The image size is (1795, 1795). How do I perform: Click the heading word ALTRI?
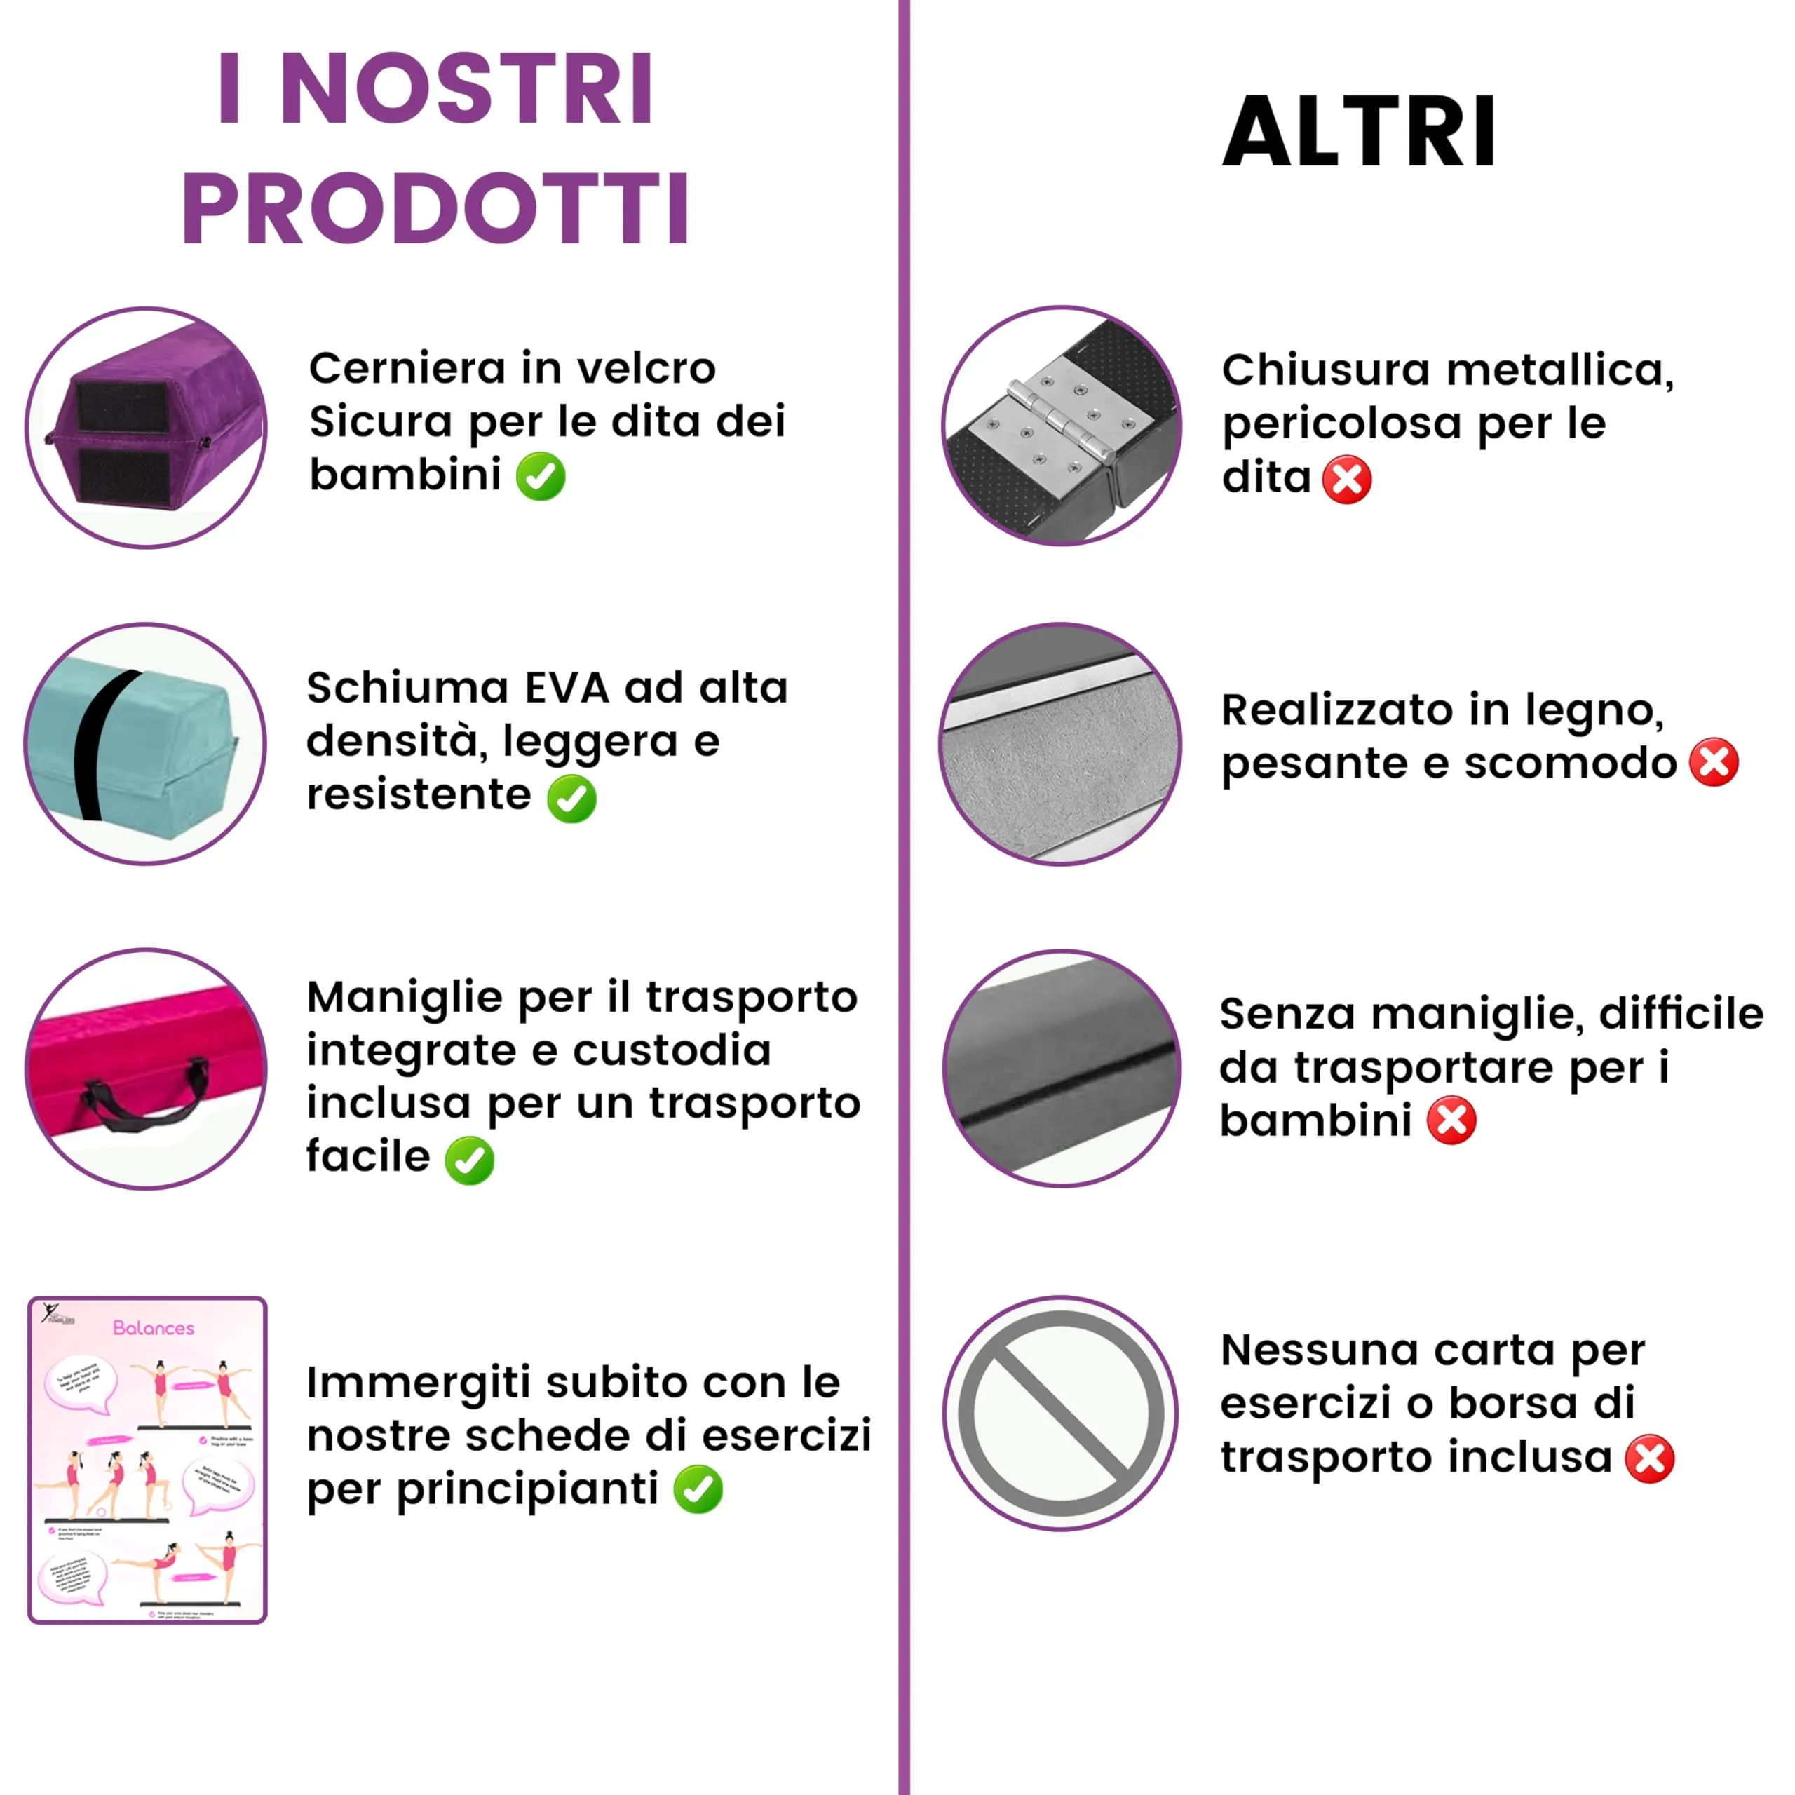pyautogui.click(x=1358, y=131)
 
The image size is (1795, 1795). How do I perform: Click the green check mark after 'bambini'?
pyautogui.click(x=541, y=477)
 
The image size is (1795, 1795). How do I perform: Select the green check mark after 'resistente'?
pyautogui.click(x=571, y=798)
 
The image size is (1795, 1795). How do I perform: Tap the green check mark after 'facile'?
pyautogui.click(x=470, y=1160)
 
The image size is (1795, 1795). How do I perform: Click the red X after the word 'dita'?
pyautogui.click(x=1346, y=480)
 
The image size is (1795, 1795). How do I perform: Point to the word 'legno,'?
pyautogui.click(x=1593, y=711)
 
